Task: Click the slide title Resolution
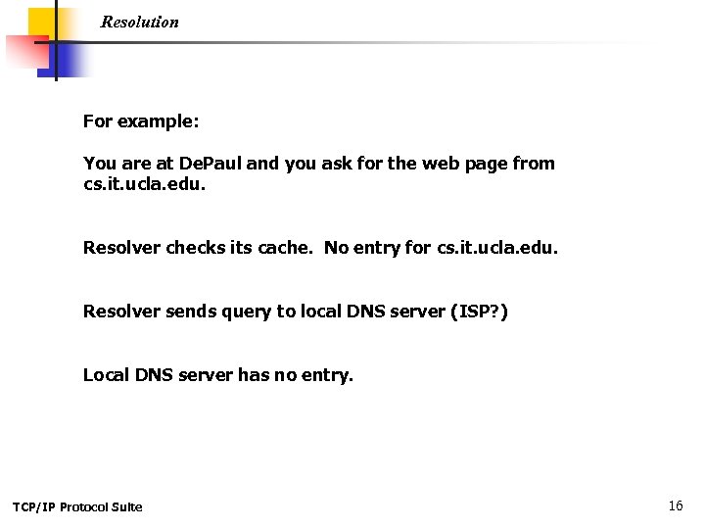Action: tap(139, 22)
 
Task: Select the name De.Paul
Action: tap(208, 164)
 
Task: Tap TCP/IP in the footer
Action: tap(33, 506)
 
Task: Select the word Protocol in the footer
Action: tap(86, 506)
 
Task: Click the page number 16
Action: tap(675, 505)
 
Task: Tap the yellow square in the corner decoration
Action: tap(41, 22)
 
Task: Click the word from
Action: tap(534, 164)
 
